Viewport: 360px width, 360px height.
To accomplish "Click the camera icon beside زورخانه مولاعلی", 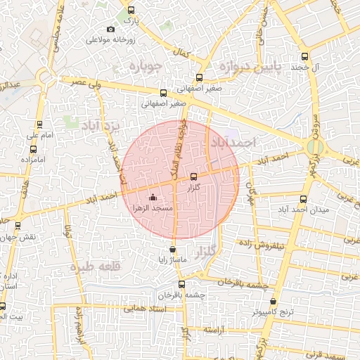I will click(x=110, y=29).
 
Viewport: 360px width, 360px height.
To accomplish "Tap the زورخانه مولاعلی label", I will click(x=110, y=39).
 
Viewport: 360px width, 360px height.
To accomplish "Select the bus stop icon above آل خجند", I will click(x=304, y=56).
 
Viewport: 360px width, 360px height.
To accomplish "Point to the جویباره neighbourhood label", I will click(x=146, y=67).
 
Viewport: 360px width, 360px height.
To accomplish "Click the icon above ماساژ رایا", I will click(x=173, y=250).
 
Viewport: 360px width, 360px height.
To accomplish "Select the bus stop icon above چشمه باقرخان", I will click(x=182, y=285).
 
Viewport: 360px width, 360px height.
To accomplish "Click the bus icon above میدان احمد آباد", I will click(x=303, y=200).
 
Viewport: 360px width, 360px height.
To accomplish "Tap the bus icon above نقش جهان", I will click(x=18, y=225).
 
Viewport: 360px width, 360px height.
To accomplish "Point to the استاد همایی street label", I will click(x=143, y=308).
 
